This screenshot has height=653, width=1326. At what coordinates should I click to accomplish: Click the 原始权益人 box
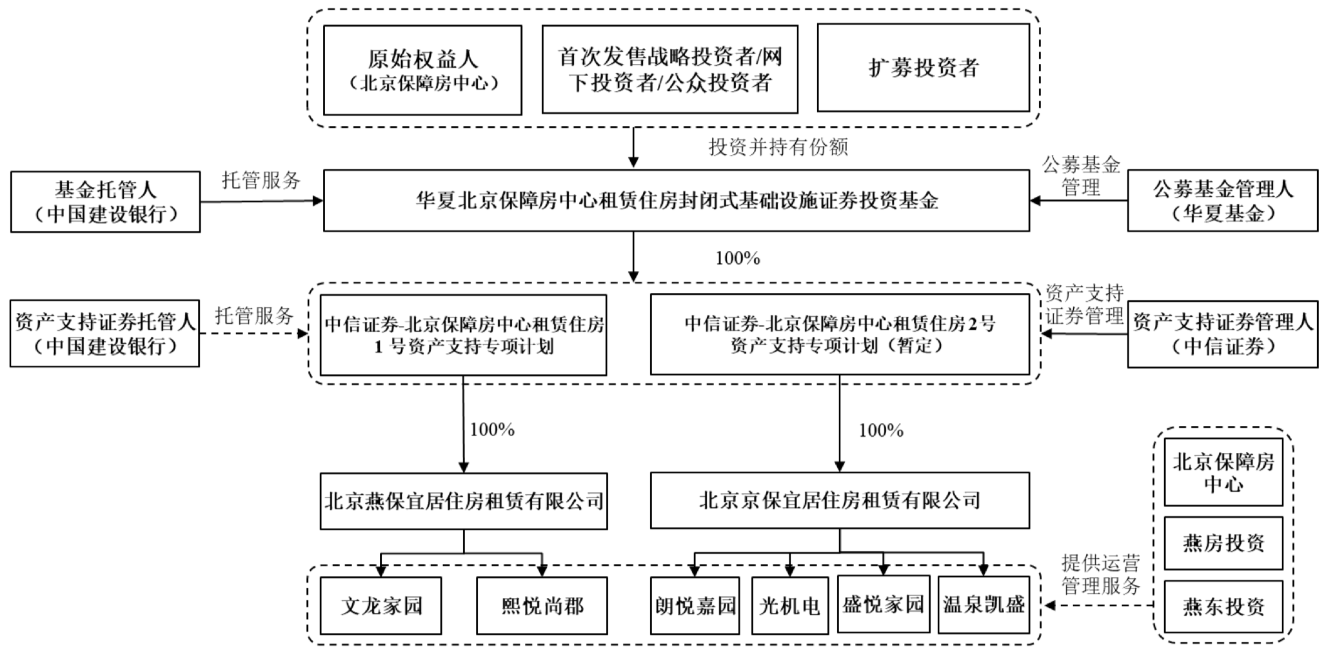pos(422,70)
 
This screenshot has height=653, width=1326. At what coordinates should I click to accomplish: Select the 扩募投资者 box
pos(923,68)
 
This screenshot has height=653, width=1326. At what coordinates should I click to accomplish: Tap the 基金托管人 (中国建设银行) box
pos(105,201)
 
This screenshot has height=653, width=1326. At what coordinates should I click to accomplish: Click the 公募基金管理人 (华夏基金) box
pos(1222,201)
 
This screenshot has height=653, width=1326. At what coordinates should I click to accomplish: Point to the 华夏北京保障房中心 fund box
pos(676,201)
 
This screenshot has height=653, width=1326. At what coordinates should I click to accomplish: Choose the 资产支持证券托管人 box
pos(104,334)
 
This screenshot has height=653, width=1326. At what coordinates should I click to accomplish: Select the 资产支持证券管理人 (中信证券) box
pos(1222,334)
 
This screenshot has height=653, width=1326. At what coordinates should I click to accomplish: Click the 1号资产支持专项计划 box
pos(463,335)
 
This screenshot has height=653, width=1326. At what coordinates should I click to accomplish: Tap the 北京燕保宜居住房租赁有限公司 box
pos(463,501)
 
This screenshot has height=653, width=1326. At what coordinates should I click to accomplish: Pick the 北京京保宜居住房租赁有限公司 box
pos(839,500)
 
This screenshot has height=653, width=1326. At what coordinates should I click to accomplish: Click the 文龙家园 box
pos(381,605)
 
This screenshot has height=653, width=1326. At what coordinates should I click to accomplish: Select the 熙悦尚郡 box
pos(542,605)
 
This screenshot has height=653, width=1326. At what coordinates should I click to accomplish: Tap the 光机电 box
pos(789,605)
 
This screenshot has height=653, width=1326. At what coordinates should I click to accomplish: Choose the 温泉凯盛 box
pos(984,605)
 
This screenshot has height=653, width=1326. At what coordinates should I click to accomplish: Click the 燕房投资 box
pos(1223,543)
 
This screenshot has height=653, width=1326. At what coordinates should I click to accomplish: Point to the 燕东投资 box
pos(1223,606)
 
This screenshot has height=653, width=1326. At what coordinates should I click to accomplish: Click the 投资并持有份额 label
pos(778,147)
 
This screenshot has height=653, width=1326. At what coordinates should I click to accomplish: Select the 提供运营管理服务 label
pos(1100,574)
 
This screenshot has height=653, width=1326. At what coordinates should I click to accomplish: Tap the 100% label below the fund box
pos(737,258)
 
